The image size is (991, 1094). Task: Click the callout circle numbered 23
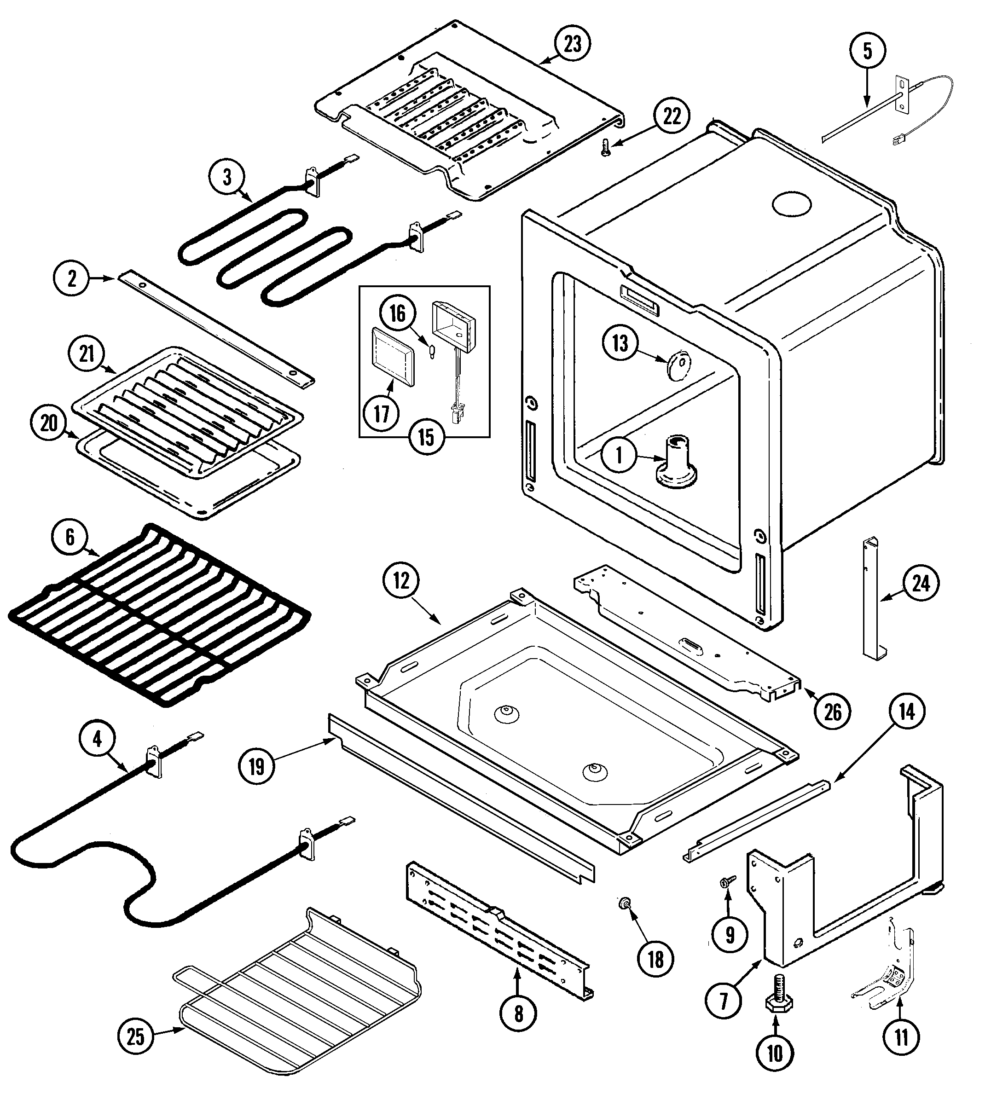point(573,43)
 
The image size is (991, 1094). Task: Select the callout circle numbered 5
point(867,51)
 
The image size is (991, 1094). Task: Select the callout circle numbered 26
point(833,712)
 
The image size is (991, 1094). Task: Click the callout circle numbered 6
point(70,537)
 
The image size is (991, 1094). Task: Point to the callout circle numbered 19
point(256,766)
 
